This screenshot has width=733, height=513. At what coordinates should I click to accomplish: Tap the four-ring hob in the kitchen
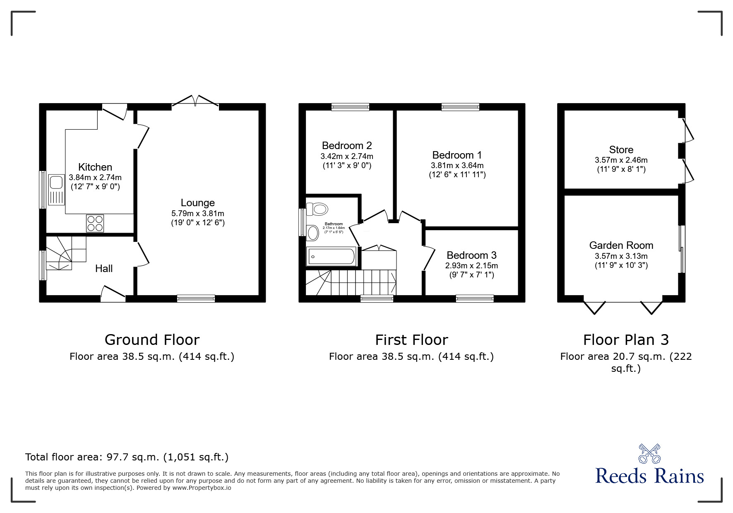click(x=95, y=223)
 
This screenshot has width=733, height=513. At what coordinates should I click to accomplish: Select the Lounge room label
click(x=197, y=203)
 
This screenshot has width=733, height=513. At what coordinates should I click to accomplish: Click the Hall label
click(x=104, y=269)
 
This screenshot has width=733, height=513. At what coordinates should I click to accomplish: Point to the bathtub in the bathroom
click(x=331, y=257)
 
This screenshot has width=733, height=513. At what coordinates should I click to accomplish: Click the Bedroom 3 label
click(x=471, y=255)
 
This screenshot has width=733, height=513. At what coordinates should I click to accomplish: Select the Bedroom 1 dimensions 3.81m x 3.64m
click(x=457, y=165)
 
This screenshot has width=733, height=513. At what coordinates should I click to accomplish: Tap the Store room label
click(x=621, y=149)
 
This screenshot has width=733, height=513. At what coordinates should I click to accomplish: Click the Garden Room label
click(x=621, y=245)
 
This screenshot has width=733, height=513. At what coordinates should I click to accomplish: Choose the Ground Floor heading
click(x=152, y=340)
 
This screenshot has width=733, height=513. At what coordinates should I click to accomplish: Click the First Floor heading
click(x=411, y=340)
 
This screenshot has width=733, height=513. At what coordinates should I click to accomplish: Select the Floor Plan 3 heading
click(x=626, y=340)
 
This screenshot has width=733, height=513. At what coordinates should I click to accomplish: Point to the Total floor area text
click(x=127, y=457)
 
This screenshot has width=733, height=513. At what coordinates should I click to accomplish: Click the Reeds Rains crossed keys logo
click(x=649, y=454)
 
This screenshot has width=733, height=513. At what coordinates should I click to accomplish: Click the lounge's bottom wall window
click(x=196, y=298)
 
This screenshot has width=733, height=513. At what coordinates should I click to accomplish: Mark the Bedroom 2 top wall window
click(x=350, y=107)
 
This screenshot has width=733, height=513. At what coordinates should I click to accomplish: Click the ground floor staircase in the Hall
click(x=64, y=253)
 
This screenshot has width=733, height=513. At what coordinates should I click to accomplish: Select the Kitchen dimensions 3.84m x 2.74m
click(x=95, y=177)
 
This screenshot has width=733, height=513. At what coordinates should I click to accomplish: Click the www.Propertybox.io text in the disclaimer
click(x=202, y=488)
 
